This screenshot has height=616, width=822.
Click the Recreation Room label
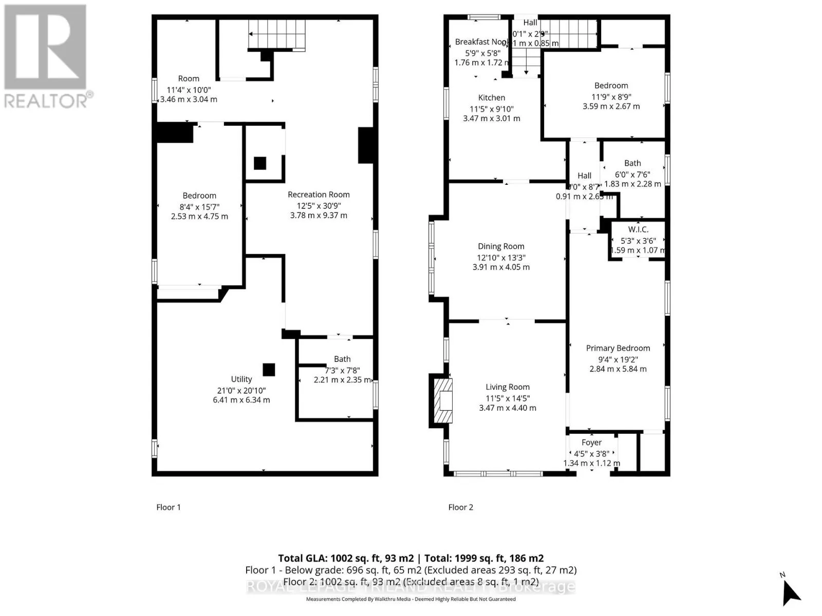pos(319,195)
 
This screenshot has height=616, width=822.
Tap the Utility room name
pos(241,379)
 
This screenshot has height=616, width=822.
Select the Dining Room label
pos(501,246)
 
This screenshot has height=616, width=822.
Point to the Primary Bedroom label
pos(618,348)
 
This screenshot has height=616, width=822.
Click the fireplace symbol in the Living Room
pos(443,400)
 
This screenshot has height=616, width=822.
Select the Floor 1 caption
pos(169,507)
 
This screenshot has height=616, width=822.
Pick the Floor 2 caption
pos(460,507)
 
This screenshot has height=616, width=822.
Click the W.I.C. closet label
pos(638,229)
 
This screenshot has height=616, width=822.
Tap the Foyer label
pos(591,442)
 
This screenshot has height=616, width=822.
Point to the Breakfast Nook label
pos(481,42)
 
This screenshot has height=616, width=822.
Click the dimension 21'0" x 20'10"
pos(241,390)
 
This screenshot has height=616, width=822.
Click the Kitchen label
pos(492,98)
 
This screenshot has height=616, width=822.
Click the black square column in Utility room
pos(269,370)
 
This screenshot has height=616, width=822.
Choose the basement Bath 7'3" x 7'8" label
pos(342,359)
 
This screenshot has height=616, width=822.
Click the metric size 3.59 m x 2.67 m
pos(611,106)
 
